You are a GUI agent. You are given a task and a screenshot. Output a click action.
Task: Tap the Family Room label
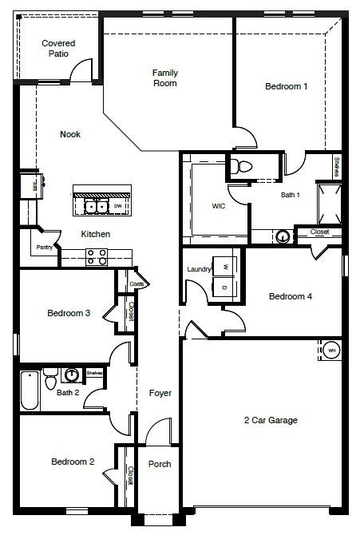coord(165,77)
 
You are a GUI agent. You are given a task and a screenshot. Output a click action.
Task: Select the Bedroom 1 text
coord(287,86)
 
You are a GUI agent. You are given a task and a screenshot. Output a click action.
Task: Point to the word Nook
coord(70,134)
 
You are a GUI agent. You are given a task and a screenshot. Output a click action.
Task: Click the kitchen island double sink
coord(97,207)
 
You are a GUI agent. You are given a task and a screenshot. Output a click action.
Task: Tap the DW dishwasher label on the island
coord(117,207)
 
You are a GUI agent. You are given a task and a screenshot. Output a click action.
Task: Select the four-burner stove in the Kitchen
coord(97,256)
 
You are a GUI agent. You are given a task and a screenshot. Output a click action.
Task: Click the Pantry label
coord(45,248)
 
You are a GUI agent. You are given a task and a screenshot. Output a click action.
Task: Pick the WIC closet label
coord(220,205)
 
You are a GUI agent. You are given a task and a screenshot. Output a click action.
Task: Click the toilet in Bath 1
coord(243,167)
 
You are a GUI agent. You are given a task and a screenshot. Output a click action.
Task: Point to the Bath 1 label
coord(290,194)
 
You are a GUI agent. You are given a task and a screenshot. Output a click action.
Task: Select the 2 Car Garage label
coord(271,421)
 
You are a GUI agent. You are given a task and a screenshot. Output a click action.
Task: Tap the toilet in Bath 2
coord(51,375)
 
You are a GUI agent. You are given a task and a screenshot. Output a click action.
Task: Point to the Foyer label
coord(160,393)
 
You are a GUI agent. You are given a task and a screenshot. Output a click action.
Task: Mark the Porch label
coord(160,464)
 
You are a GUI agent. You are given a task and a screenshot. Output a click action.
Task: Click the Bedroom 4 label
coord(291,296)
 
